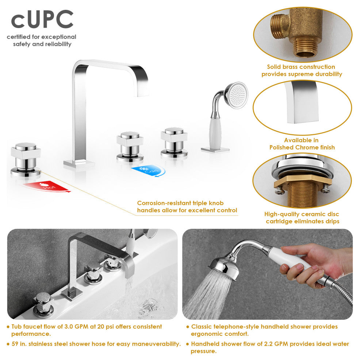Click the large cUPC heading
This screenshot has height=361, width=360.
click(42, 20)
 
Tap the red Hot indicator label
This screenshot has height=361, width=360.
click(46, 186)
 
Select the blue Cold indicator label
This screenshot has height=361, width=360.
click(146, 171)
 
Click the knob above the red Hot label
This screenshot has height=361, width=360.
click(26, 157)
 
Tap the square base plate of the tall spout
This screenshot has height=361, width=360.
click(79, 163)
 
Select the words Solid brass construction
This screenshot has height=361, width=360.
click(301, 67)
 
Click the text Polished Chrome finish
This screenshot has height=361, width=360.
click(302, 147)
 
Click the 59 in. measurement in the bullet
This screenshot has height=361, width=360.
click(20, 344)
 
